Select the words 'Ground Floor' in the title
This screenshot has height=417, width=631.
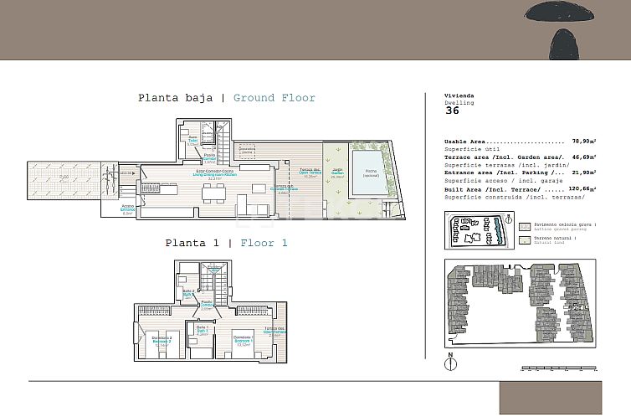pos(274,98)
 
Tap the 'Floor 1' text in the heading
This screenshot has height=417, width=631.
pos(264,243)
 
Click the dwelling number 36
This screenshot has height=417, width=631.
pos(452,110)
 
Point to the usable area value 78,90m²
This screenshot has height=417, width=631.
pos(583,142)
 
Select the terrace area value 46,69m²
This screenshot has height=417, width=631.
pos(583,156)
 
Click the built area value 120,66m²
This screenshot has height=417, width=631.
pos(582,190)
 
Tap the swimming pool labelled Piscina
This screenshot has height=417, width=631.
pos(370,172)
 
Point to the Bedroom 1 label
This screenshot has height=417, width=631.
pos(244,340)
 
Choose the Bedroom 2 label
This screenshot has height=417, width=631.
pos(162,340)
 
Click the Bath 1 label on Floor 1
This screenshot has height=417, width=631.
pos(201,329)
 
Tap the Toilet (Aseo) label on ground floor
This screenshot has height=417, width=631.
pos(192,140)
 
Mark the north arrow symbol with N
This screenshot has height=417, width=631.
pos(451,363)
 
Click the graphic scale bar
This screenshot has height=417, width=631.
pos(557,368)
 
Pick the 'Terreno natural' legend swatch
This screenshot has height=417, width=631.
pos(524,239)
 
